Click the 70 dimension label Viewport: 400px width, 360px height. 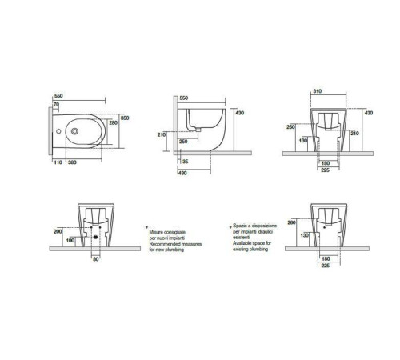click(56, 105)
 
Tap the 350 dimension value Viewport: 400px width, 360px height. click(125, 118)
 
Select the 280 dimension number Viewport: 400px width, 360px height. click(114, 123)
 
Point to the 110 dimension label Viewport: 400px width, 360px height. click(58, 162)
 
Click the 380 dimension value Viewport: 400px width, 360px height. click(72, 162)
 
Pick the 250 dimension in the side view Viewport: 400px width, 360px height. click(183, 142)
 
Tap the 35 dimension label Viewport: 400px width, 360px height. click(186, 162)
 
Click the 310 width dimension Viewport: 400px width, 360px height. click(318, 91)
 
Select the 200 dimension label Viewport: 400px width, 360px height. click(58, 231)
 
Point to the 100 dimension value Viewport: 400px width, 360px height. click(70, 240)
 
